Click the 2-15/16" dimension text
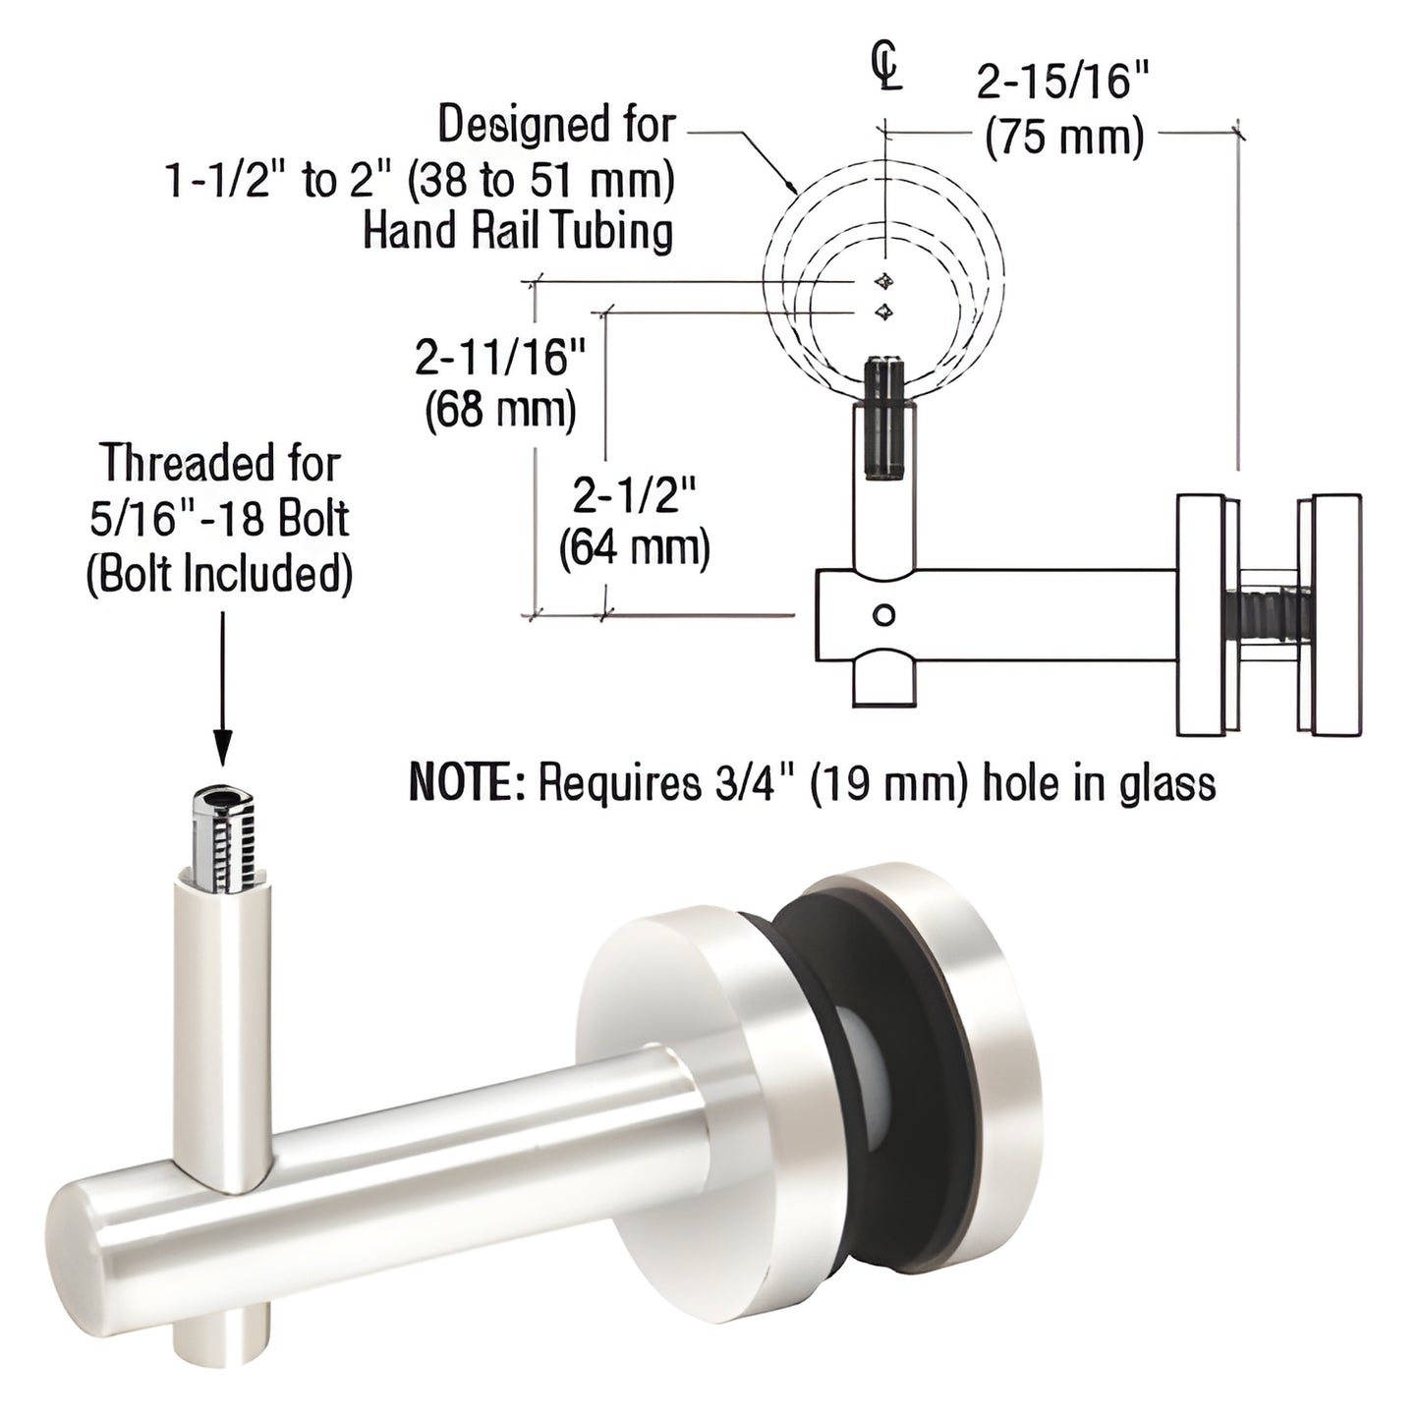[1062, 84]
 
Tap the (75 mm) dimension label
[1064, 139]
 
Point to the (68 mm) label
[500, 411]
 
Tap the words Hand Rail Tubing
[518, 232]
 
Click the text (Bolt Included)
[219, 573]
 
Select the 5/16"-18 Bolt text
[219, 519]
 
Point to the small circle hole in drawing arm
[884, 616]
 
